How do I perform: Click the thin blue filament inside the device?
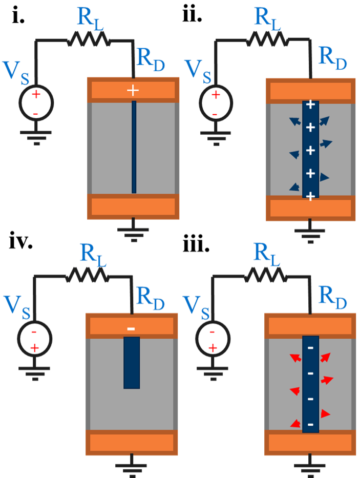pos(134,147)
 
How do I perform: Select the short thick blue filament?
pos(132,362)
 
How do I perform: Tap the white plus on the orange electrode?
pos(133,91)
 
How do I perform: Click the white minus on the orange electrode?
pos(131,328)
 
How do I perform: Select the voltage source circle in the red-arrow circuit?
pos(213,339)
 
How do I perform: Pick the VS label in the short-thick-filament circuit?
pos(17,306)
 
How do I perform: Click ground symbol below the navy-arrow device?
pos(310,231)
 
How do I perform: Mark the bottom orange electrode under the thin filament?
pos(133,206)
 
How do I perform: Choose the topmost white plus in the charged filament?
pos(310,105)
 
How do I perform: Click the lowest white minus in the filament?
pos(310,425)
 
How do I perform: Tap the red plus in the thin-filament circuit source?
pos(36,94)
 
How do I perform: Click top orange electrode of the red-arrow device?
pos(310,325)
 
